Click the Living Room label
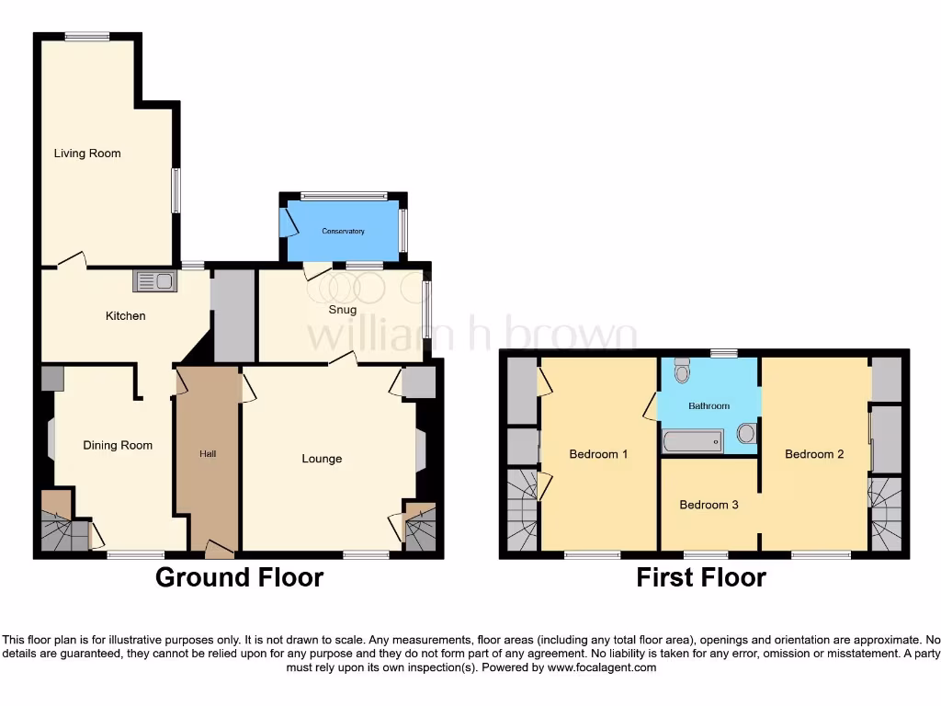click(87, 154)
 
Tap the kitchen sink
click(154, 281)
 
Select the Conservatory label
click(343, 231)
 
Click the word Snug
click(343, 310)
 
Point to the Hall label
click(208, 454)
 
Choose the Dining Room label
click(118, 446)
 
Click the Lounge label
click(322, 459)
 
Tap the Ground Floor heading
click(239, 577)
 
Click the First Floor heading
click(701, 577)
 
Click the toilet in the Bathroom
click(682, 370)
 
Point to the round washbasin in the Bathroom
click(746, 433)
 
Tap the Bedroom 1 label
click(598, 454)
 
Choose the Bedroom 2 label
click(814, 454)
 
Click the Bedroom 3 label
click(709, 505)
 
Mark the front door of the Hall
click(219, 550)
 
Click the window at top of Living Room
click(87, 36)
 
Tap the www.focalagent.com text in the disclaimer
click(602, 667)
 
